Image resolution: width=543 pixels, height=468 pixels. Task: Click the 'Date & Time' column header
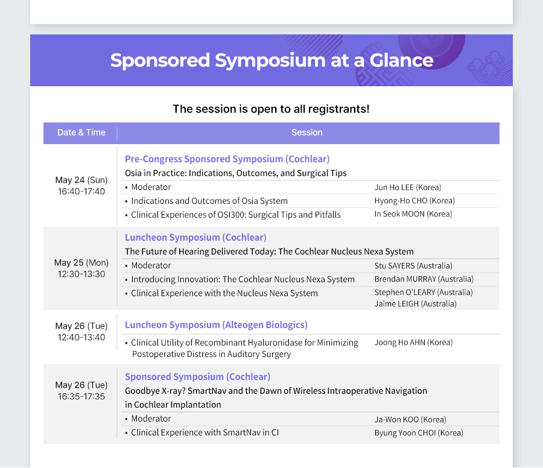(81, 133)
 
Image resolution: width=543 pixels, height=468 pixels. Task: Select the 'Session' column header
(307, 133)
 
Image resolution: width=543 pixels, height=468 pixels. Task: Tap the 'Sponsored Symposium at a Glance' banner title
(272, 60)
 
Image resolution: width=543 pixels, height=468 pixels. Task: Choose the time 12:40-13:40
(81, 338)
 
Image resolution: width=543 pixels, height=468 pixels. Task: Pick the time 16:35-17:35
(81, 397)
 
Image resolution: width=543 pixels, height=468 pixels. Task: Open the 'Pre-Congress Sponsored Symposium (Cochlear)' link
(227, 159)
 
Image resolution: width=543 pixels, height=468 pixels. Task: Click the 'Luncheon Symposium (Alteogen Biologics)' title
(216, 325)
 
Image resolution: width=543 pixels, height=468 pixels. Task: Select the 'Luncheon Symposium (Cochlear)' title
(195, 238)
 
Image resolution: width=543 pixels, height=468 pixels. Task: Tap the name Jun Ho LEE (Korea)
(408, 188)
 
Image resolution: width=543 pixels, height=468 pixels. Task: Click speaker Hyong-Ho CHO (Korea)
(414, 201)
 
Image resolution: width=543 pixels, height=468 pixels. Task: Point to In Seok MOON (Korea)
(413, 214)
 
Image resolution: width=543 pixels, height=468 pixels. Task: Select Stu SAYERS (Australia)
(413, 266)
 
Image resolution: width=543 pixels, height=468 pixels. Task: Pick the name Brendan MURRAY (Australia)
(424, 279)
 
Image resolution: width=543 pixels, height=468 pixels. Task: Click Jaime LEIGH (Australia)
(415, 304)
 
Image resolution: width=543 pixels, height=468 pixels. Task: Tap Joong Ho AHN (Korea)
(413, 343)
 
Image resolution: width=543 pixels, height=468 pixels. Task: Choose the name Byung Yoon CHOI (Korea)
(419, 433)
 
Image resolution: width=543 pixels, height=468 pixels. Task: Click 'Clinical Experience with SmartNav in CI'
(205, 432)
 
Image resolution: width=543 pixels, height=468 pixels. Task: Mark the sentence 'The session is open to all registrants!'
(271, 109)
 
